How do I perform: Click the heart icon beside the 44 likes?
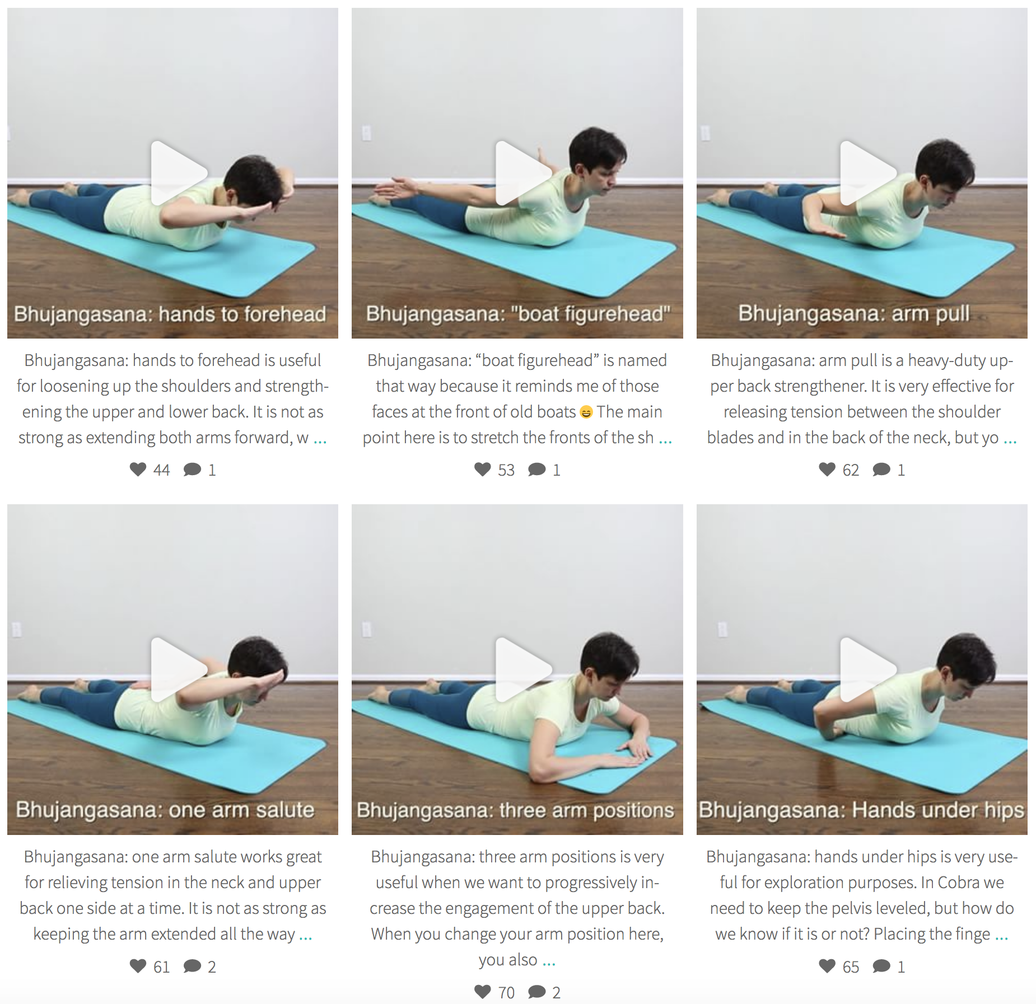pos(138,469)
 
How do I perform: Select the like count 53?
pos(506,470)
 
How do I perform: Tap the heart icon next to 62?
pos(827,469)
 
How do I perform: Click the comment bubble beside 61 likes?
pos(192,966)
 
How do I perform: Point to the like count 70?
pos(506,993)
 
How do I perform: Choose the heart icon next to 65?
pos(827,966)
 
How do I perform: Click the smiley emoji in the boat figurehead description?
pos(586,412)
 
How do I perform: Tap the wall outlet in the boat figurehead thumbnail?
pos(366,133)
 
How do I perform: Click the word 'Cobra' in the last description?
pos(959,883)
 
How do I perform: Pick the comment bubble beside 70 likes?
pos(536,992)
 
